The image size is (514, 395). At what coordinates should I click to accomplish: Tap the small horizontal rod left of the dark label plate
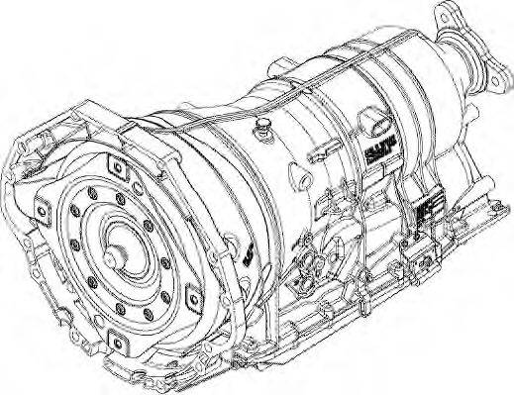coord(319,157)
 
